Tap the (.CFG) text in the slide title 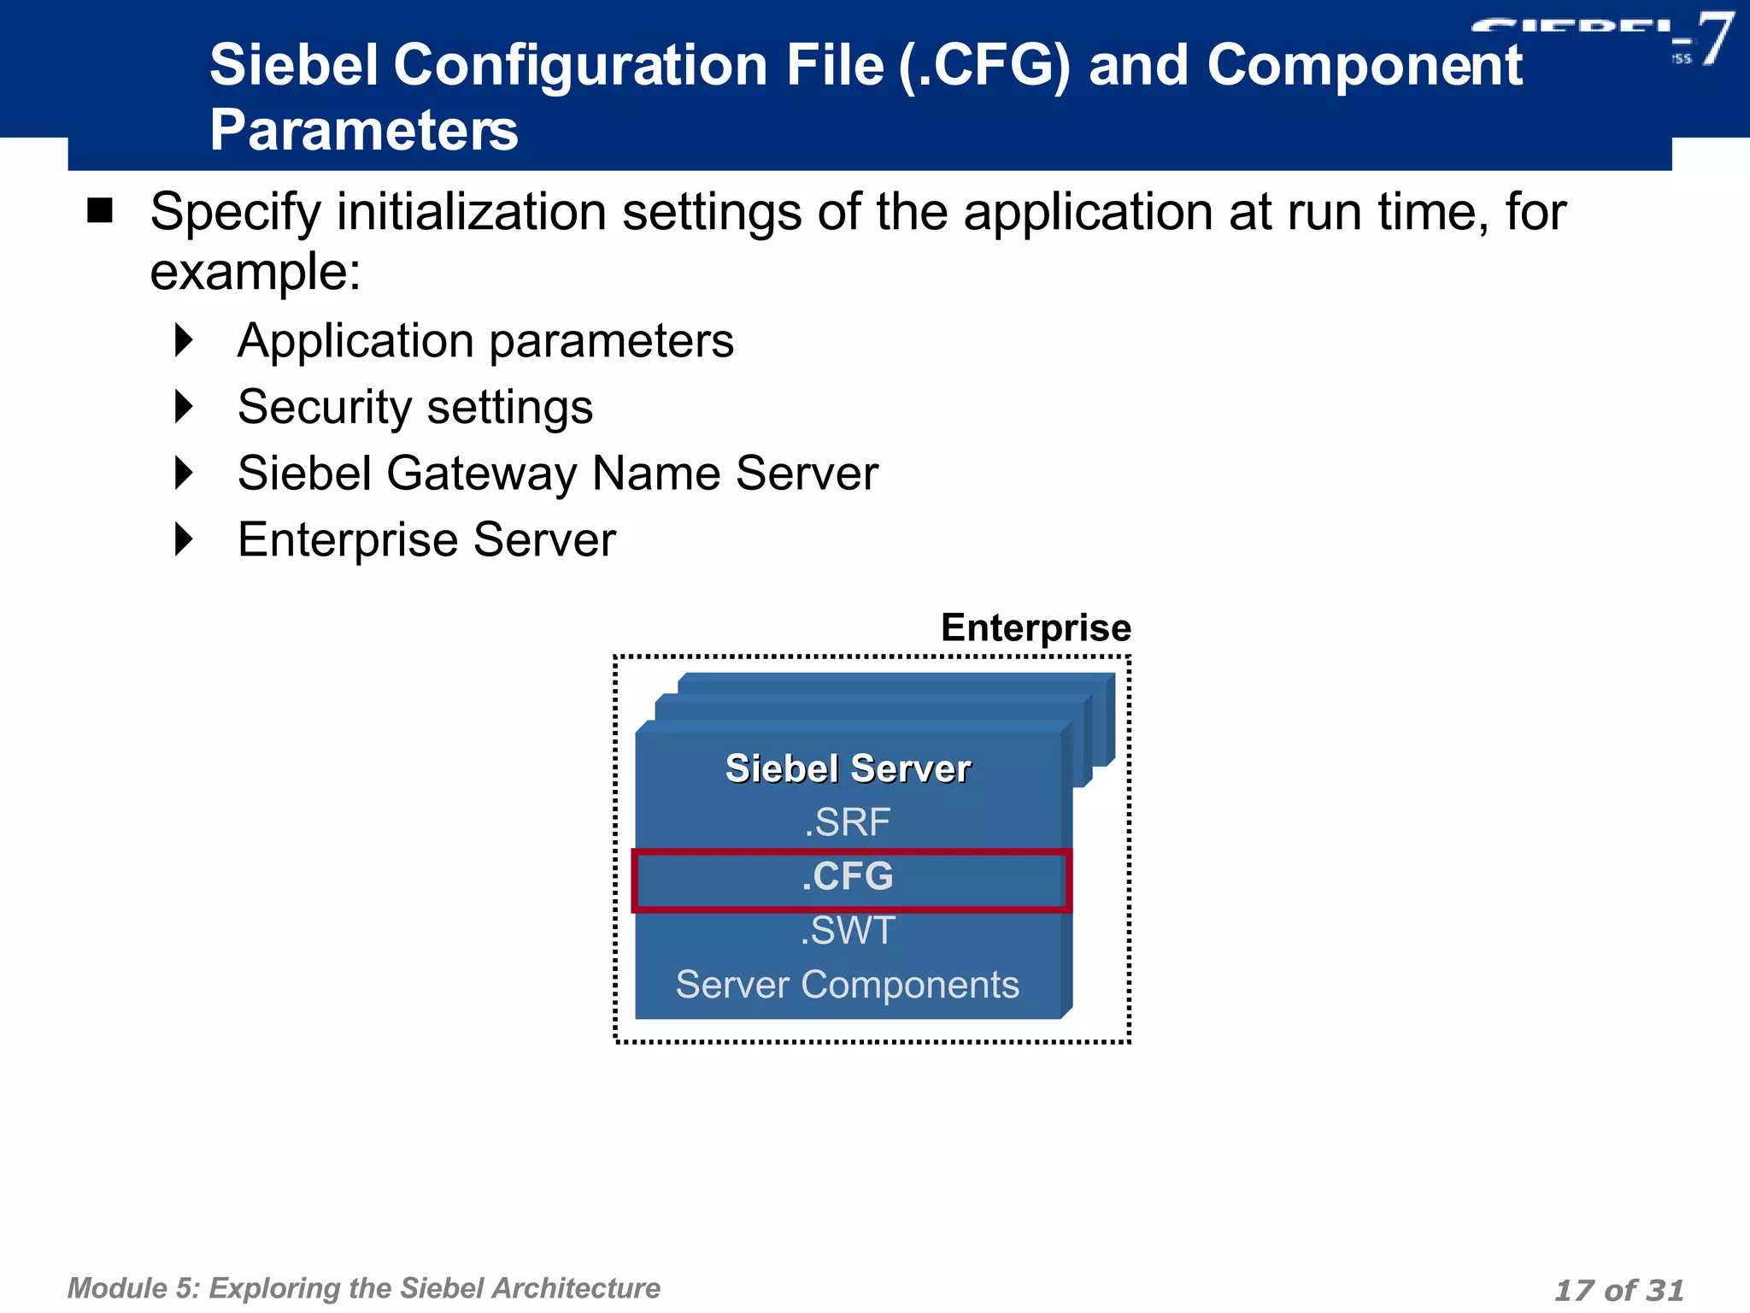(x=984, y=67)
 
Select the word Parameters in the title (x=364, y=131)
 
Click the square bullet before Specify (x=100, y=210)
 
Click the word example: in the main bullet (x=255, y=273)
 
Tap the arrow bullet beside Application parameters (x=184, y=340)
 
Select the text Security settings (x=415, y=407)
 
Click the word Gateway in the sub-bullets (x=481, y=474)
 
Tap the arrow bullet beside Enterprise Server (x=184, y=539)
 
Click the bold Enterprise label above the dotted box (x=1036, y=628)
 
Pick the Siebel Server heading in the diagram (x=848, y=768)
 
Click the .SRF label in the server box (x=848, y=822)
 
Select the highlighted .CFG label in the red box (x=848, y=877)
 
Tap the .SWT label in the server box (x=848, y=931)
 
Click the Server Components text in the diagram (x=848, y=985)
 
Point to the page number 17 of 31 (x=1618, y=1290)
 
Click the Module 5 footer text (x=363, y=1288)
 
